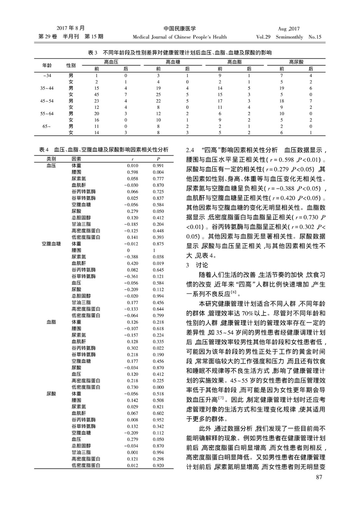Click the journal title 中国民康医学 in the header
(180, 29)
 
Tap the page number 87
(319, 477)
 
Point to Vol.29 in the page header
(263, 37)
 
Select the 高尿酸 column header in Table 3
(296, 62)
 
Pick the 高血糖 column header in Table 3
(173, 62)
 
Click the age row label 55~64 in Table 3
(47, 114)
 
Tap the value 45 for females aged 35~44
(96, 95)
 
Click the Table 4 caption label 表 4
(44, 150)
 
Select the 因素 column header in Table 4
(77, 159)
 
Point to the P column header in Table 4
(158, 159)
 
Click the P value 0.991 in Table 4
(158, 165)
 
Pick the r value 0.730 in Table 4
(133, 387)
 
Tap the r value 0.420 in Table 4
(133, 263)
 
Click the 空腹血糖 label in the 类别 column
(51, 244)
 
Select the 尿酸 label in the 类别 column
(51, 394)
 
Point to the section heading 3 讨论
(197, 265)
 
